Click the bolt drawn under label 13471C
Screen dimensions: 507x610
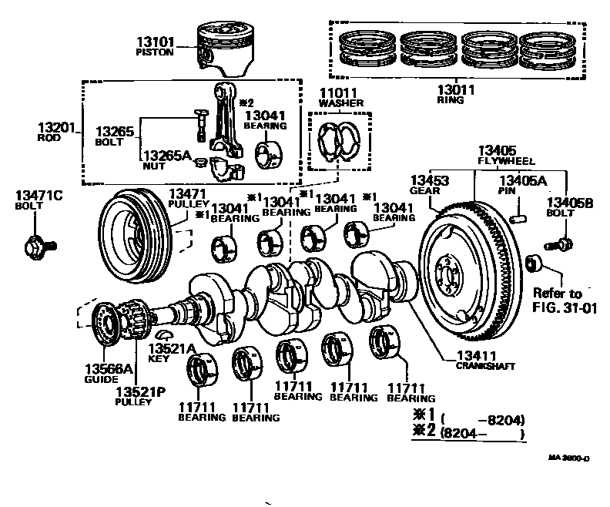click(39, 246)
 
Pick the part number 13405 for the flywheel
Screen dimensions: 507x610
click(496, 150)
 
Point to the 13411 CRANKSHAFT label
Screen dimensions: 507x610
click(481, 360)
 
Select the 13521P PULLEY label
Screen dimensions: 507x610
click(139, 396)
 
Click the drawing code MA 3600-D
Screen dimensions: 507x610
click(568, 457)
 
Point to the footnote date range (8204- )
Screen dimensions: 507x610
click(481, 434)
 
